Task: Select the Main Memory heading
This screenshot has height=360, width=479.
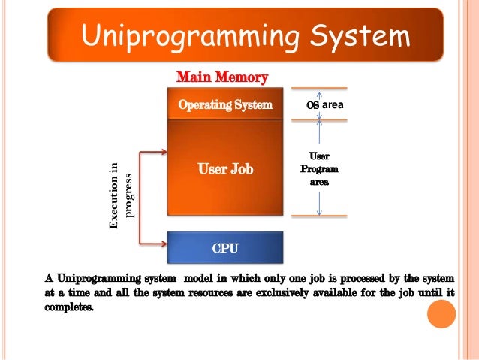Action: (221, 77)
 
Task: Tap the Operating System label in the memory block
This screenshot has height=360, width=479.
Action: (224, 105)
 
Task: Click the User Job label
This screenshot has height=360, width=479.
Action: (224, 169)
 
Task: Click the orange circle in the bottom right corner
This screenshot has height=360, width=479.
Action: (441, 314)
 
